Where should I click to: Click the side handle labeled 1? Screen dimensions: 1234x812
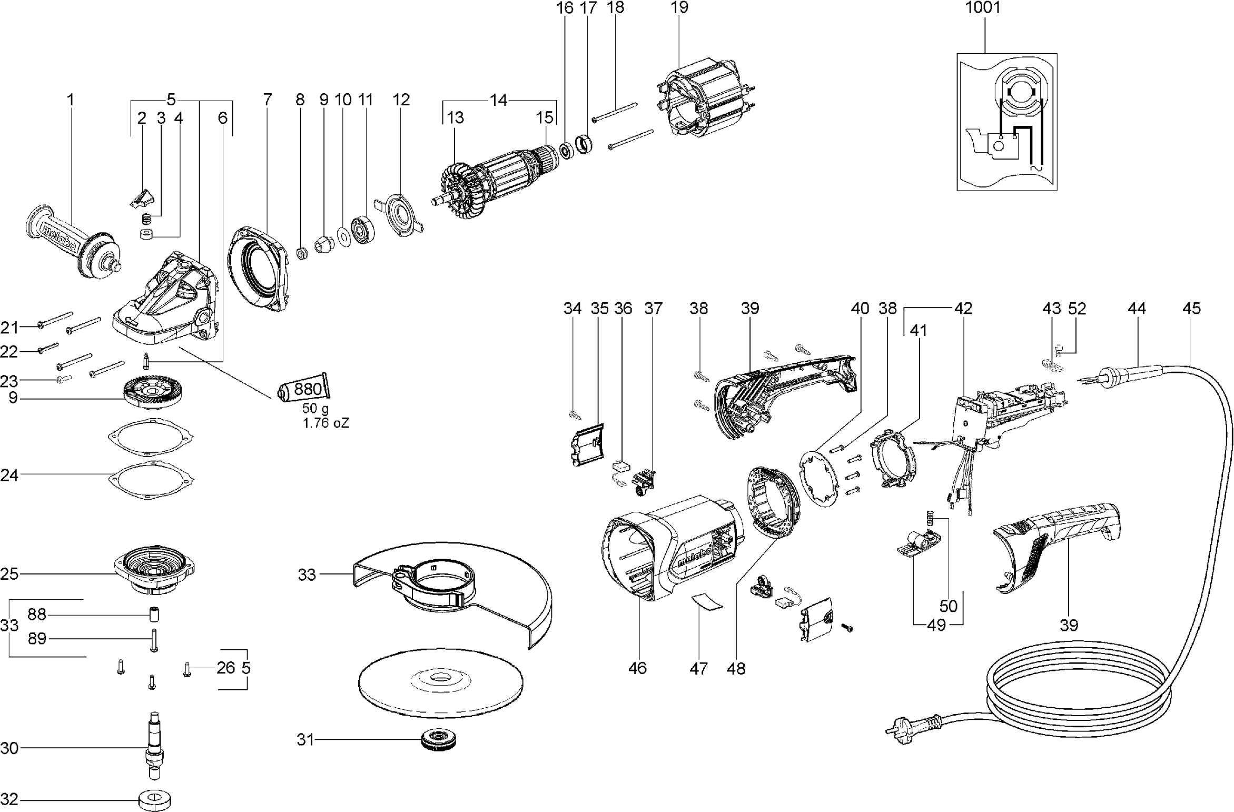(74, 242)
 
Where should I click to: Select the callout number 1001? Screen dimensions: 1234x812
(983, 8)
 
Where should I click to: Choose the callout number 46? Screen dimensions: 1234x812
(637, 668)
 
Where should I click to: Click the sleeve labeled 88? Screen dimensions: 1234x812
(154, 615)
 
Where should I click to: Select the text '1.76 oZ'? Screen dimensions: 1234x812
(325, 423)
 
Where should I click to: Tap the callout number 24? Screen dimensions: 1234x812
(9, 475)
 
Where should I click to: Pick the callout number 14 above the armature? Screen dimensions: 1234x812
(498, 100)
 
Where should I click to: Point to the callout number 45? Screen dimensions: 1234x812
(1191, 308)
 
